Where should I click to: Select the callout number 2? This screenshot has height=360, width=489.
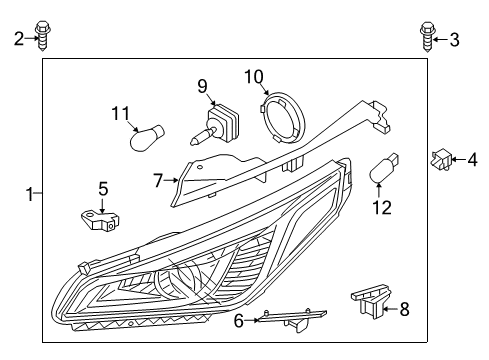(18, 39)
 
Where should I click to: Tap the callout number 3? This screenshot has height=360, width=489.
(455, 39)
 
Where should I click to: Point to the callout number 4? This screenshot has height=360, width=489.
(473, 157)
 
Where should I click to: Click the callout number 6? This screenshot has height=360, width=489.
(238, 320)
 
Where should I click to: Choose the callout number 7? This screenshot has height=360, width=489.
(158, 181)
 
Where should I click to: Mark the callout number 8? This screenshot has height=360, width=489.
(404, 309)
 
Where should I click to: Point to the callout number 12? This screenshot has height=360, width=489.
(377, 207)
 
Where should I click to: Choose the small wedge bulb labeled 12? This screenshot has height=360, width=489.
(384, 171)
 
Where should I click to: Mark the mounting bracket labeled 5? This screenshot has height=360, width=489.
(100, 220)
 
